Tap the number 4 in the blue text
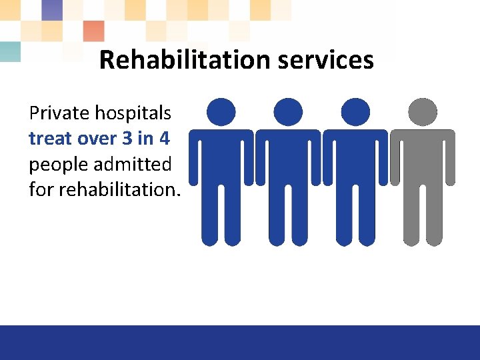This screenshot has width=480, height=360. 164,139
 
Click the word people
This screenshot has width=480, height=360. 57,165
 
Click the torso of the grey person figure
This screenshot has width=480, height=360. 423,157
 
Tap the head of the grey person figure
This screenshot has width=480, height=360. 423,112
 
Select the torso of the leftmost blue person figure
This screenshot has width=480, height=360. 221,157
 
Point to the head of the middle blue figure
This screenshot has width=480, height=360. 288,112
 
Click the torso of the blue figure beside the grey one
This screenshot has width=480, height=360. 355,157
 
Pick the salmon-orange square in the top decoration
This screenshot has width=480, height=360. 93,31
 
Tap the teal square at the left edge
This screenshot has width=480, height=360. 9,51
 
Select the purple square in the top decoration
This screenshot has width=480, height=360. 51,10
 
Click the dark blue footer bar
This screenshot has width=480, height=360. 240,343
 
